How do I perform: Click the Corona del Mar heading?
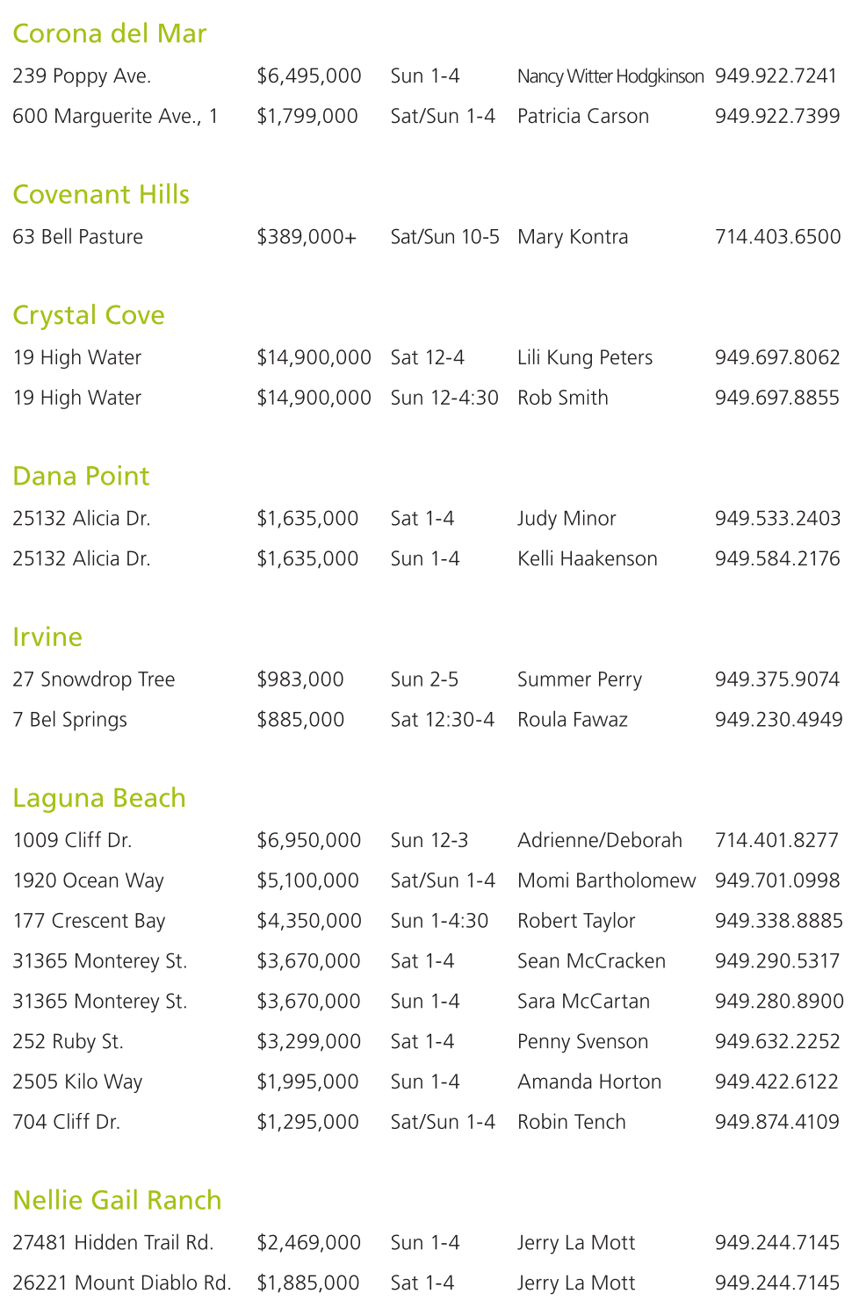pyautogui.click(x=110, y=33)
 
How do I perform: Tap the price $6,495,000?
pyautogui.click(x=309, y=76)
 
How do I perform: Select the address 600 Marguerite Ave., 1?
pyautogui.click(x=115, y=117)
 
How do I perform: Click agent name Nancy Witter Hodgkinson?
pyautogui.click(x=610, y=76)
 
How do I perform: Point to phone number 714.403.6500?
pyautogui.click(x=777, y=237)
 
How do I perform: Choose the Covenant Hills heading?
pyautogui.click(x=101, y=194)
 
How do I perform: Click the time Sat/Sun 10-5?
pyautogui.click(x=444, y=237)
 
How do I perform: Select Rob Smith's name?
pyautogui.click(x=562, y=398)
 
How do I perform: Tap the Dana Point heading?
pyautogui.click(x=81, y=476)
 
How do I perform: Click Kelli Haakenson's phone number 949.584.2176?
pyautogui.click(x=777, y=559)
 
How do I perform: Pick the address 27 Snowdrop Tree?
pyautogui.click(x=94, y=679)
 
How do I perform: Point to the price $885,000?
pyautogui.click(x=300, y=720)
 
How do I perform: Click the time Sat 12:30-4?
pyautogui.click(x=442, y=720)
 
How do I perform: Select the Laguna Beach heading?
pyautogui.click(x=99, y=798)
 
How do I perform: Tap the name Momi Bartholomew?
pyautogui.click(x=606, y=880)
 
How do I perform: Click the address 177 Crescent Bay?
pyautogui.click(x=89, y=921)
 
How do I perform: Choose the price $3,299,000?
pyautogui.click(x=308, y=1042)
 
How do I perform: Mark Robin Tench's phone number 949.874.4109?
pyautogui.click(x=776, y=1122)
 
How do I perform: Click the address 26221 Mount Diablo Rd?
pyautogui.click(x=122, y=1283)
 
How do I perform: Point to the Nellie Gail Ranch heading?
pyautogui.click(x=117, y=1200)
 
